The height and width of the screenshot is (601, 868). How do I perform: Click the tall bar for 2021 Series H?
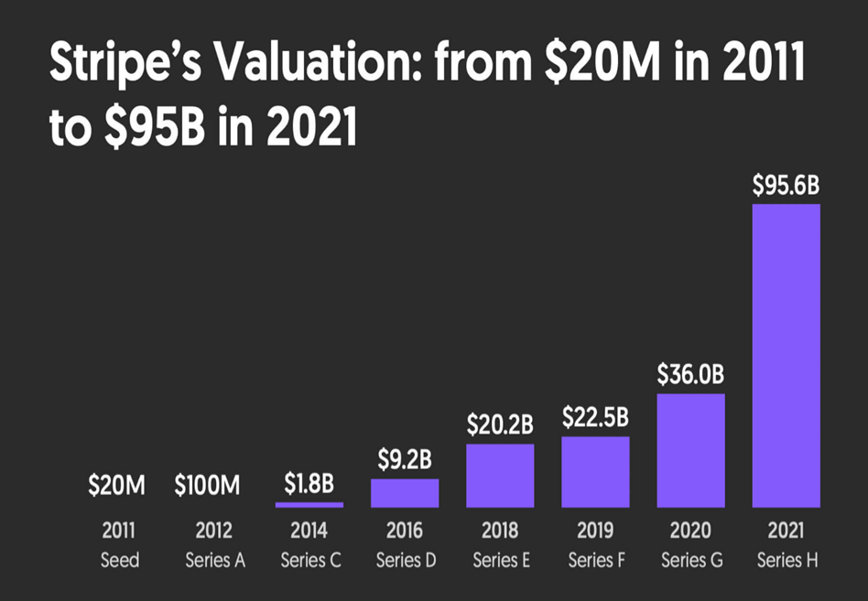click(786, 355)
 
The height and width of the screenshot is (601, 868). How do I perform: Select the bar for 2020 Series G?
click(690, 450)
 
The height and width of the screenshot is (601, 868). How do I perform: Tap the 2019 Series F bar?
click(595, 472)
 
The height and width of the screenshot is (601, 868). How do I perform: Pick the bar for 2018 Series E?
click(499, 476)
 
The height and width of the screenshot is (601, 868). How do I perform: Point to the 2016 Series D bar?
click(405, 492)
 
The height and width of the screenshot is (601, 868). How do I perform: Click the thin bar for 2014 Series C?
click(309, 504)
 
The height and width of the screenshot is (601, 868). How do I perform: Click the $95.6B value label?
click(786, 186)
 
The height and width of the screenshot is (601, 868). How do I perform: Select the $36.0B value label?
click(690, 375)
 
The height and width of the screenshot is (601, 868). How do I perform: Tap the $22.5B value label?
click(595, 418)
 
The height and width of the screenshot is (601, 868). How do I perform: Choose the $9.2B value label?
click(405, 461)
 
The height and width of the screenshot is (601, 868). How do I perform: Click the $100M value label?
click(208, 486)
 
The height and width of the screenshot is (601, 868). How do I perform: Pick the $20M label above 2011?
click(116, 486)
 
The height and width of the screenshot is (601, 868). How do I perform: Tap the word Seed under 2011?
click(120, 560)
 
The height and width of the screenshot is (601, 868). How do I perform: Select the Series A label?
click(215, 560)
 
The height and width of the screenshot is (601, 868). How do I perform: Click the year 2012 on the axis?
click(214, 531)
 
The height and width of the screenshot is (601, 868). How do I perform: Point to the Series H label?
click(787, 560)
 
